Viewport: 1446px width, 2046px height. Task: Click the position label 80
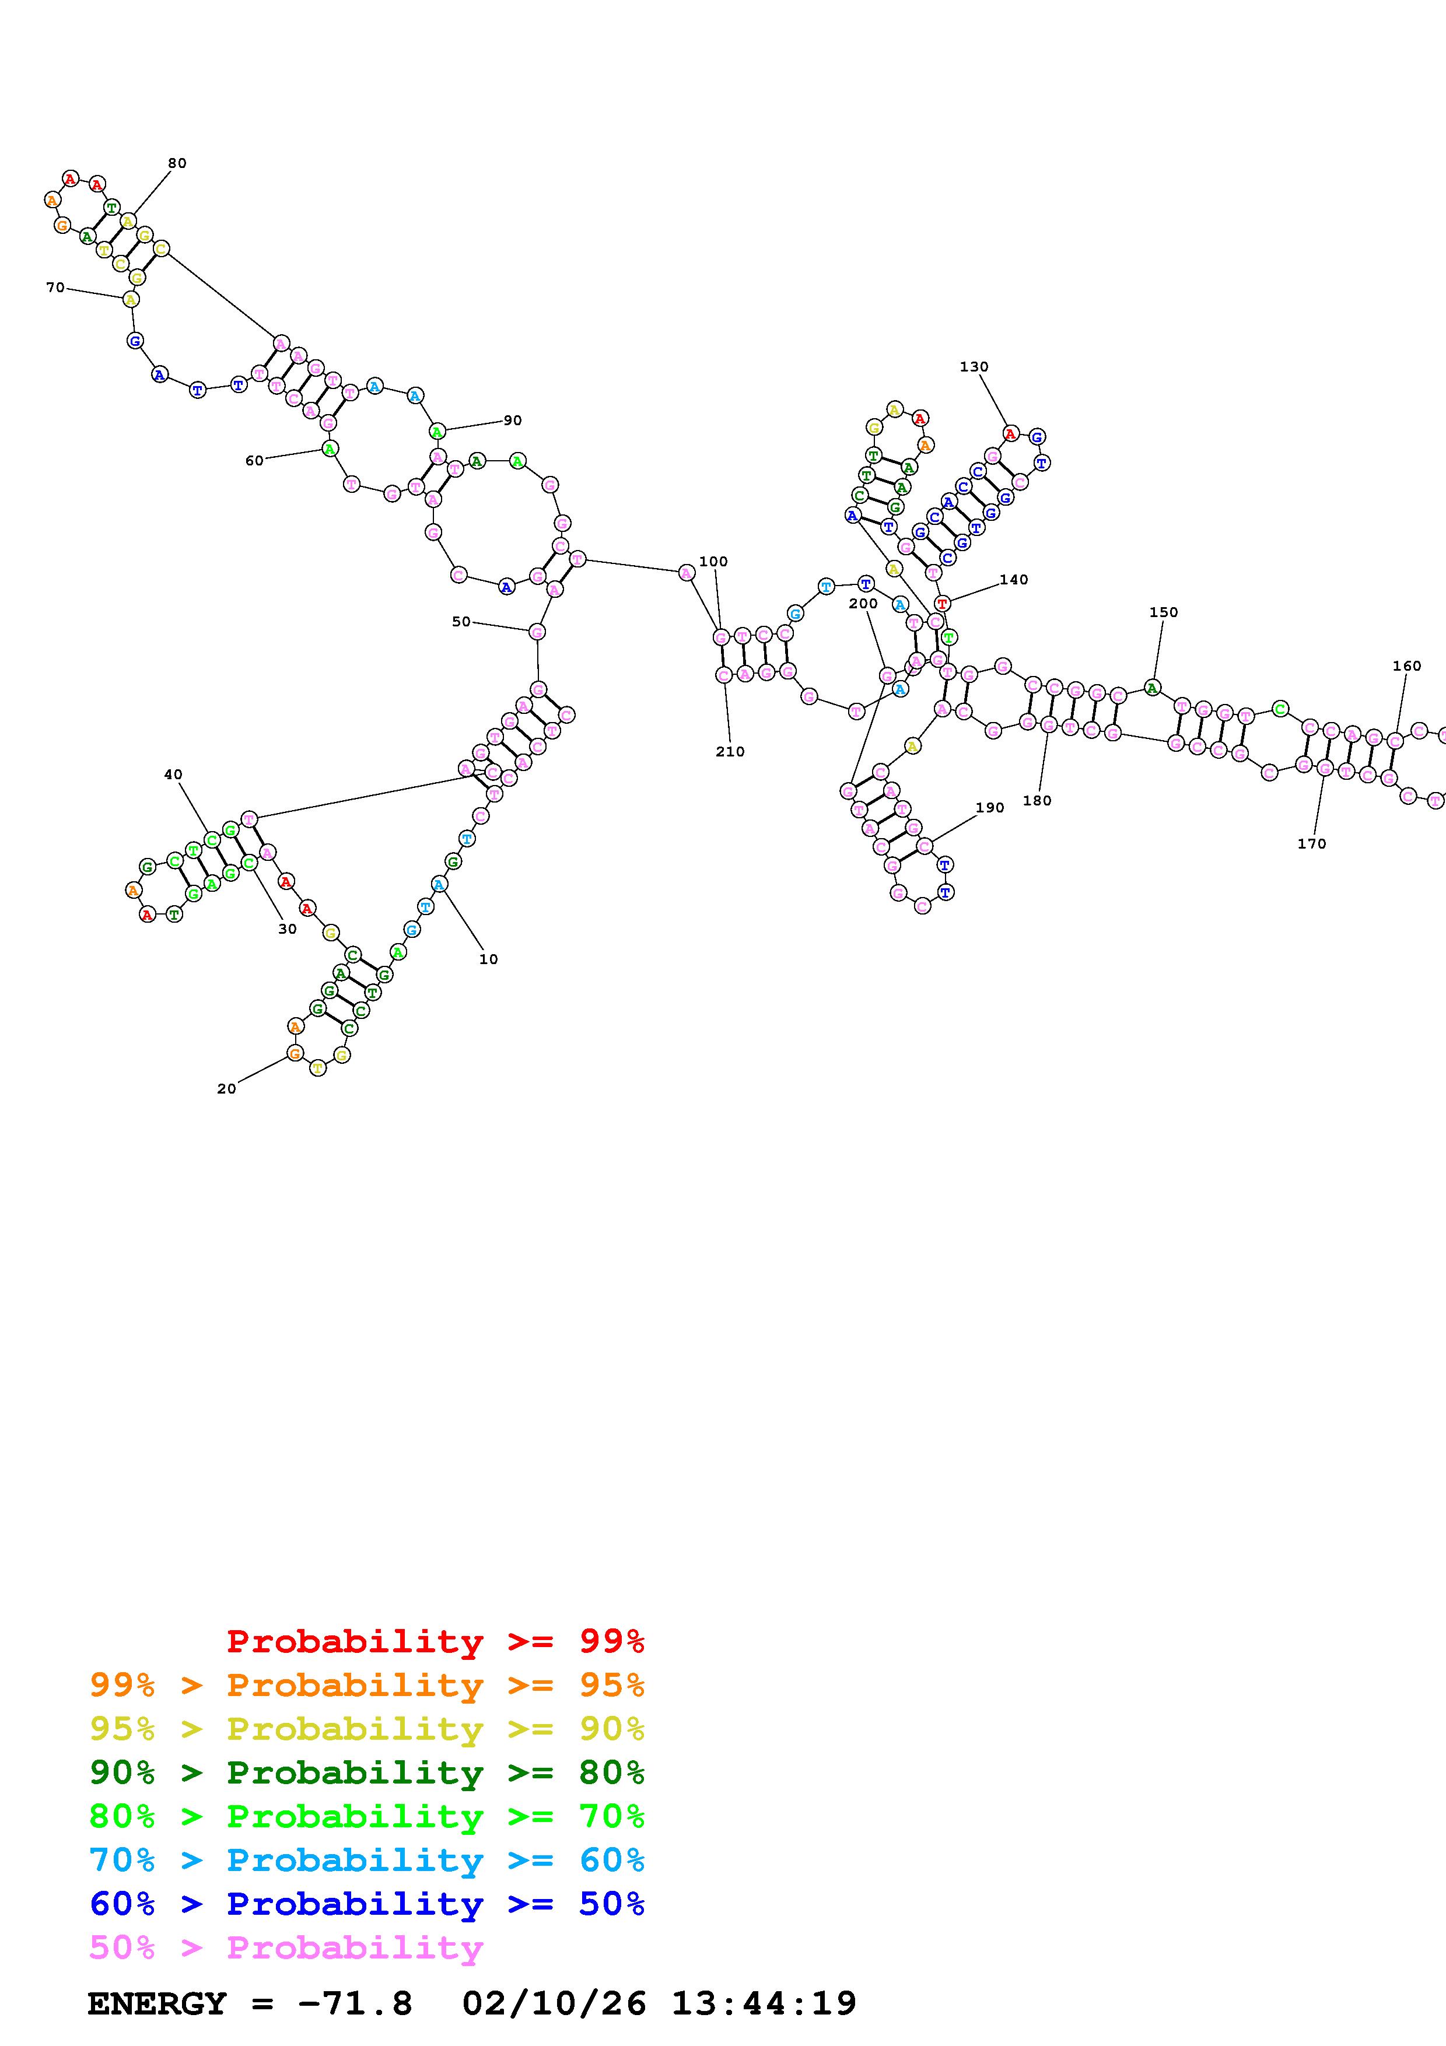coord(177,163)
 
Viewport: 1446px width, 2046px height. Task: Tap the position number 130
coord(974,366)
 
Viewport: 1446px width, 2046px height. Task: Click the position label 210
coord(730,751)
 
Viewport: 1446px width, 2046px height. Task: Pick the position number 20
coord(226,1088)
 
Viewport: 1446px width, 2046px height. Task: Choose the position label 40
coord(173,775)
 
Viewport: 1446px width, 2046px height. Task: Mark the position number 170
coord(1311,843)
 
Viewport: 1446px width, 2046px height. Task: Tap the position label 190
coord(989,807)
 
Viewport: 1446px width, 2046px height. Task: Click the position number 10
coord(488,959)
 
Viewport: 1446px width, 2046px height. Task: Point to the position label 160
coord(1407,665)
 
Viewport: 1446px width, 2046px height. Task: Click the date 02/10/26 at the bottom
coord(554,2003)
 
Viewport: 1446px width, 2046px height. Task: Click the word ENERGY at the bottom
coord(157,2003)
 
